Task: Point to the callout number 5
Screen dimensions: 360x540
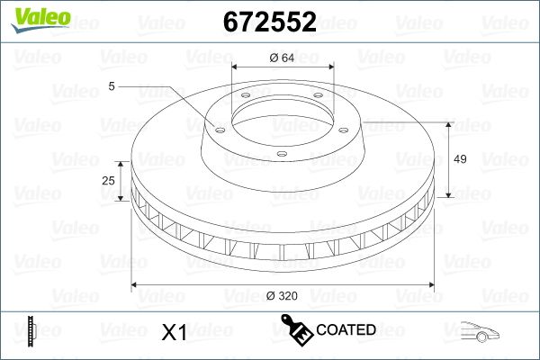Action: coord(112,86)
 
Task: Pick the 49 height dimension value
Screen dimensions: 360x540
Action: coord(460,159)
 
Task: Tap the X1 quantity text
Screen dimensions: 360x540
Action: coord(173,332)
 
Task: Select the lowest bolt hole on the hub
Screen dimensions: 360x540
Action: coord(281,155)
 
